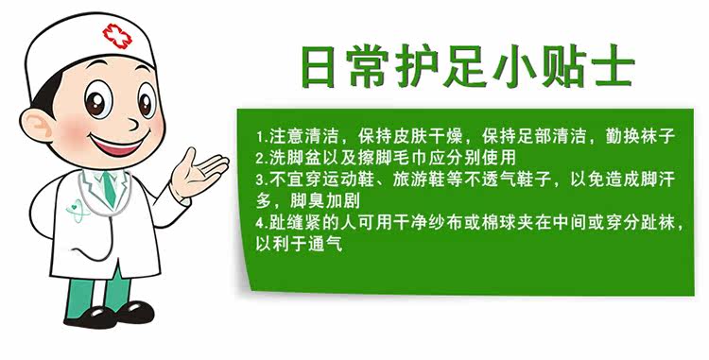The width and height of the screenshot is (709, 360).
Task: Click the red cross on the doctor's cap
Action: (x=117, y=36)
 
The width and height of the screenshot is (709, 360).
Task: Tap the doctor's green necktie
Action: (x=109, y=189)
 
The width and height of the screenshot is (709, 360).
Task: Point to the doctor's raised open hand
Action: (x=199, y=172)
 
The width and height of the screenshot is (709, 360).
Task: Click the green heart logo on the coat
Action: (x=77, y=211)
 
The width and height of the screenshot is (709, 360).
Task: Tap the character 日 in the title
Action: (x=319, y=67)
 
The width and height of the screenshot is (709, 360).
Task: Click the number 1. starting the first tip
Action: (x=262, y=136)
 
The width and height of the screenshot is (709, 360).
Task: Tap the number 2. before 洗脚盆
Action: (x=262, y=158)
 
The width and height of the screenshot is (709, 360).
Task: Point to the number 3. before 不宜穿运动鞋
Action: (x=262, y=180)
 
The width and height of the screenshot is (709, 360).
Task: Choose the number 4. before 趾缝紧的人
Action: (x=262, y=223)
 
